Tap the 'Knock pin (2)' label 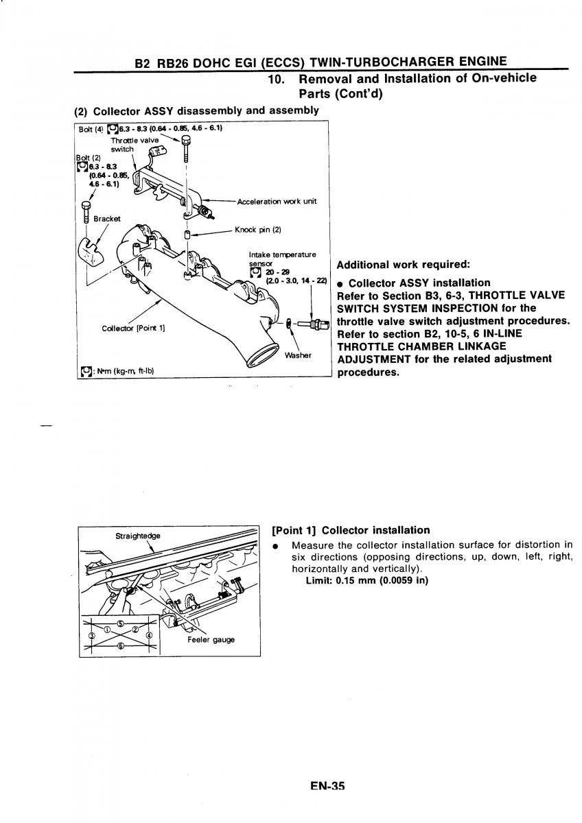[x=258, y=230]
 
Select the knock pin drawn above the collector [x=187, y=235]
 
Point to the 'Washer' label [x=299, y=355]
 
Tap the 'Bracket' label [x=107, y=218]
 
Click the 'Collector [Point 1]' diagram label [x=133, y=327]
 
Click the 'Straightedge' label [x=138, y=536]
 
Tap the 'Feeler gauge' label [x=211, y=640]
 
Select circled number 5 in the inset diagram [x=120, y=623]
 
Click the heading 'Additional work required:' [x=402, y=265]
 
